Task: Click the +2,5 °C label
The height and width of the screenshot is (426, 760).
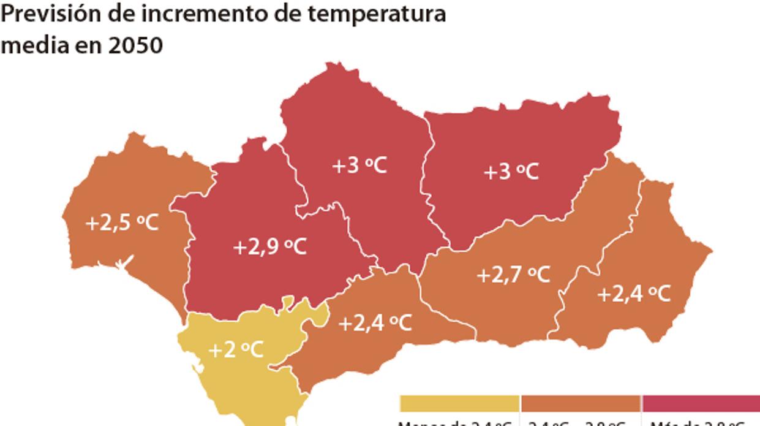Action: pos(122,223)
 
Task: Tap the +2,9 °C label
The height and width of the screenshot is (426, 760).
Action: pos(269,247)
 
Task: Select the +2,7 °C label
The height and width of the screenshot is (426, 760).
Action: pos(513,275)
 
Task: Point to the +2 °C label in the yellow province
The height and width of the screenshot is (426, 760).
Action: pos(236,350)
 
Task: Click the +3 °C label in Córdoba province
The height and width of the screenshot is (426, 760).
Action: pos(359,165)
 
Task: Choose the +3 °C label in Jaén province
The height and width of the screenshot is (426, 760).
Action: pos(511,172)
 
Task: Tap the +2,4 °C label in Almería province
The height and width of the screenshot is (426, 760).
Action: pos(634,294)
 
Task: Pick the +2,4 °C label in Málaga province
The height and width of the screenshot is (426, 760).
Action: pos(375,322)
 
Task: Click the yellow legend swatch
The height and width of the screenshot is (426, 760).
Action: pos(459,403)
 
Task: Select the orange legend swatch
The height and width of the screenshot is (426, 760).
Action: pos(580,403)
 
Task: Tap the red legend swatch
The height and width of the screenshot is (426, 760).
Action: pos(701,403)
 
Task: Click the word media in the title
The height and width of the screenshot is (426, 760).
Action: pos(31,44)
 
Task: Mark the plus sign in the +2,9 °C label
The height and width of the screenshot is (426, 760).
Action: pos(239,248)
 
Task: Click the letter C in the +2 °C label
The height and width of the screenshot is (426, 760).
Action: pos(256,350)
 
